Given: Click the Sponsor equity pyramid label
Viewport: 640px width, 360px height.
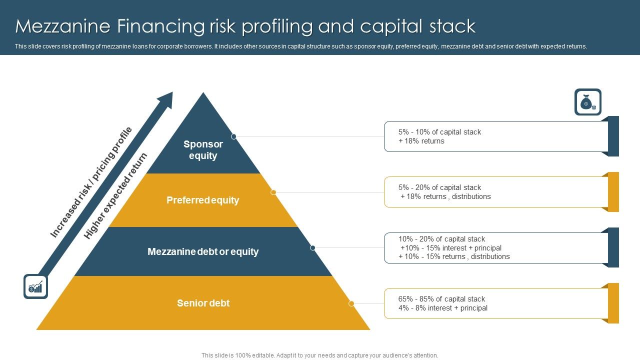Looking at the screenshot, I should [x=203, y=150].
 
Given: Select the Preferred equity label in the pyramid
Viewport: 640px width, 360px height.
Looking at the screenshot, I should [x=203, y=200].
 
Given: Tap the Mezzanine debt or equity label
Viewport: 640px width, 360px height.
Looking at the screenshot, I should [x=203, y=251].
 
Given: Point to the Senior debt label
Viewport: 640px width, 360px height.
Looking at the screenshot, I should [x=203, y=303].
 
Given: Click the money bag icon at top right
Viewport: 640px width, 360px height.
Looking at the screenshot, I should [x=587, y=102].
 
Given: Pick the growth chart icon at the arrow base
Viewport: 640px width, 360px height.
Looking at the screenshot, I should [x=35, y=286].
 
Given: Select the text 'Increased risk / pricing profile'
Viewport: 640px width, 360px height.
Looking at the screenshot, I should [x=91, y=182].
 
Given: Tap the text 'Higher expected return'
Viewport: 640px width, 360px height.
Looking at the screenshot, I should [x=115, y=196].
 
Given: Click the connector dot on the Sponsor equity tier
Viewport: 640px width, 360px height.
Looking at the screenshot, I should [x=233, y=136].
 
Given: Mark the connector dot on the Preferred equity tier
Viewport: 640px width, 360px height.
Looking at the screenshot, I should [x=273, y=192].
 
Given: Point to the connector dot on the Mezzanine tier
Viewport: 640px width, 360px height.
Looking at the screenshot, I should [x=312, y=247].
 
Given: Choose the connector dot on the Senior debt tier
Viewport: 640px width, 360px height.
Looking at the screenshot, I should [x=351, y=303].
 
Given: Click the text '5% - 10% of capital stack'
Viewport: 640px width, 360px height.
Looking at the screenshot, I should [x=439, y=132].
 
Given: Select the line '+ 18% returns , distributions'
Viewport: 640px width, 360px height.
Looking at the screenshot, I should [x=446, y=196].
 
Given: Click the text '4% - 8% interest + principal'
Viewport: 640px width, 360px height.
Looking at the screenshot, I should [x=443, y=308].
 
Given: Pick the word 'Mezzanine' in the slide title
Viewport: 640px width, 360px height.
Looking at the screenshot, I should [x=58, y=26].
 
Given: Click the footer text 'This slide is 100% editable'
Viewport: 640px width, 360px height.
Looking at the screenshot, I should [x=238, y=355].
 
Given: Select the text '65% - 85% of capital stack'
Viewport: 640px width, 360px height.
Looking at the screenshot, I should [x=441, y=299].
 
